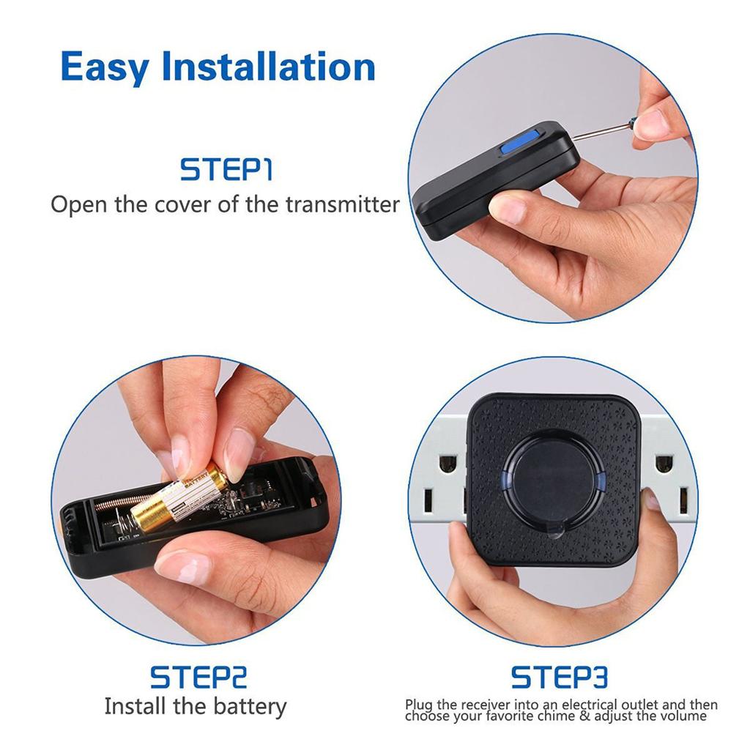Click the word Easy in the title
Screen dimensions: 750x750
coord(105,67)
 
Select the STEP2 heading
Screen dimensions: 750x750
coord(198,677)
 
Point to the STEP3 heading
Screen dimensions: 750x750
coord(559,677)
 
